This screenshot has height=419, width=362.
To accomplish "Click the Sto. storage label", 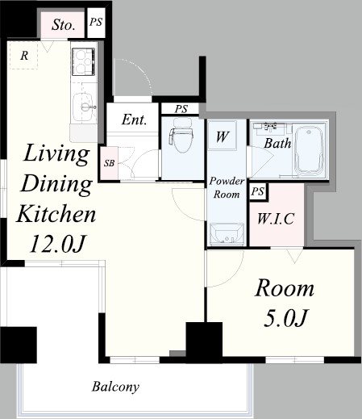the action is (x=63, y=25).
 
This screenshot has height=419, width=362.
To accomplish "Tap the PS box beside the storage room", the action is (x=96, y=23).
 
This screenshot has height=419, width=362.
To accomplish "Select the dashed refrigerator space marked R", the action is (x=24, y=56).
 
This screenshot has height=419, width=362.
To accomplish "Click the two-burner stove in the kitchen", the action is (x=84, y=61).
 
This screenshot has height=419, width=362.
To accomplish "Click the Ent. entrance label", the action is (x=134, y=119).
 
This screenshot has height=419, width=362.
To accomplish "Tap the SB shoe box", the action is (x=109, y=163).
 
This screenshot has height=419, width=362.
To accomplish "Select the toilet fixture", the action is (x=181, y=133).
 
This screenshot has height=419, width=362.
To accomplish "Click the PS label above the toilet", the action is (x=181, y=109).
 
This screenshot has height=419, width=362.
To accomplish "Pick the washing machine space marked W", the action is (x=223, y=136).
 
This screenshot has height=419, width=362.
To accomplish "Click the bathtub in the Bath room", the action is (x=309, y=150).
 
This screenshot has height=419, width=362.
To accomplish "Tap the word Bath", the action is (x=277, y=143).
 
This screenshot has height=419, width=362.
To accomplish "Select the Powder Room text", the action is (x=227, y=187).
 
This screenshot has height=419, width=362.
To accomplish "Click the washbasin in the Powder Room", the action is (x=227, y=234).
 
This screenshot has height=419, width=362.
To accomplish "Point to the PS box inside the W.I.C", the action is (x=258, y=192).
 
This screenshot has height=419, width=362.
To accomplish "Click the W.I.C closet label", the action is (x=276, y=219).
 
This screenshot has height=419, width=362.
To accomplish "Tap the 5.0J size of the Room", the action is (x=285, y=319).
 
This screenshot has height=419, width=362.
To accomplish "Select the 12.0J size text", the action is (x=57, y=245).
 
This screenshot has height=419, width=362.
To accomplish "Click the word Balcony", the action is (x=115, y=387).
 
